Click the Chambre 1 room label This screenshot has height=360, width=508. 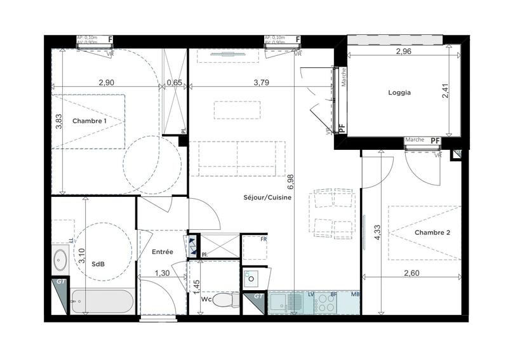pyautogui.click(x=89, y=121)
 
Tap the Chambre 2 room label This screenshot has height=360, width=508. pyautogui.click(x=432, y=233)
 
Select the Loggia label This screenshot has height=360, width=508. pyautogui.click(x=399, y=93)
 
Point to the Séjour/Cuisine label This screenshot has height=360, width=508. pyautogui.click(x=267, y=197)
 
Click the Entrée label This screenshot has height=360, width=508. pyautogui.click(x=163, y=252)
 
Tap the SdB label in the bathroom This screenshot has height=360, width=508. pyautogui.click(x=98, y=263)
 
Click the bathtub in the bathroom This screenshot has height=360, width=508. pyautogui.click(x=102, y=302)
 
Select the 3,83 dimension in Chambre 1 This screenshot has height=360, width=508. pyautogui.click(x=58, y=121)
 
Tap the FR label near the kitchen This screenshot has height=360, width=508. pyautogui.click(x=264, y=239)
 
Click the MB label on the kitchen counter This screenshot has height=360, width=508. pyautogui.click(x=355, y=294)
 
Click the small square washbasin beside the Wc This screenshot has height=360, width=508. pyautogui.click(x=251, y=278)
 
